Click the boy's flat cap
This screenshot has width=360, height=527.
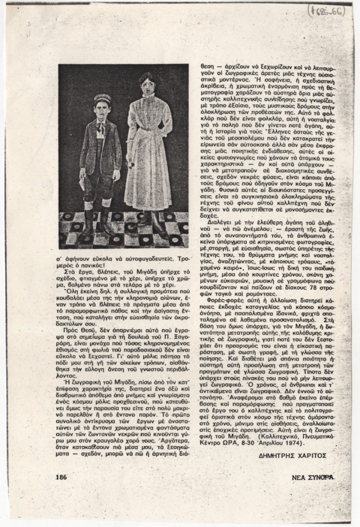click(102, 98)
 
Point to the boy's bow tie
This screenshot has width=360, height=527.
click(101, 127)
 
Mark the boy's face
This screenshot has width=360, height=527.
click(102, 109)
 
